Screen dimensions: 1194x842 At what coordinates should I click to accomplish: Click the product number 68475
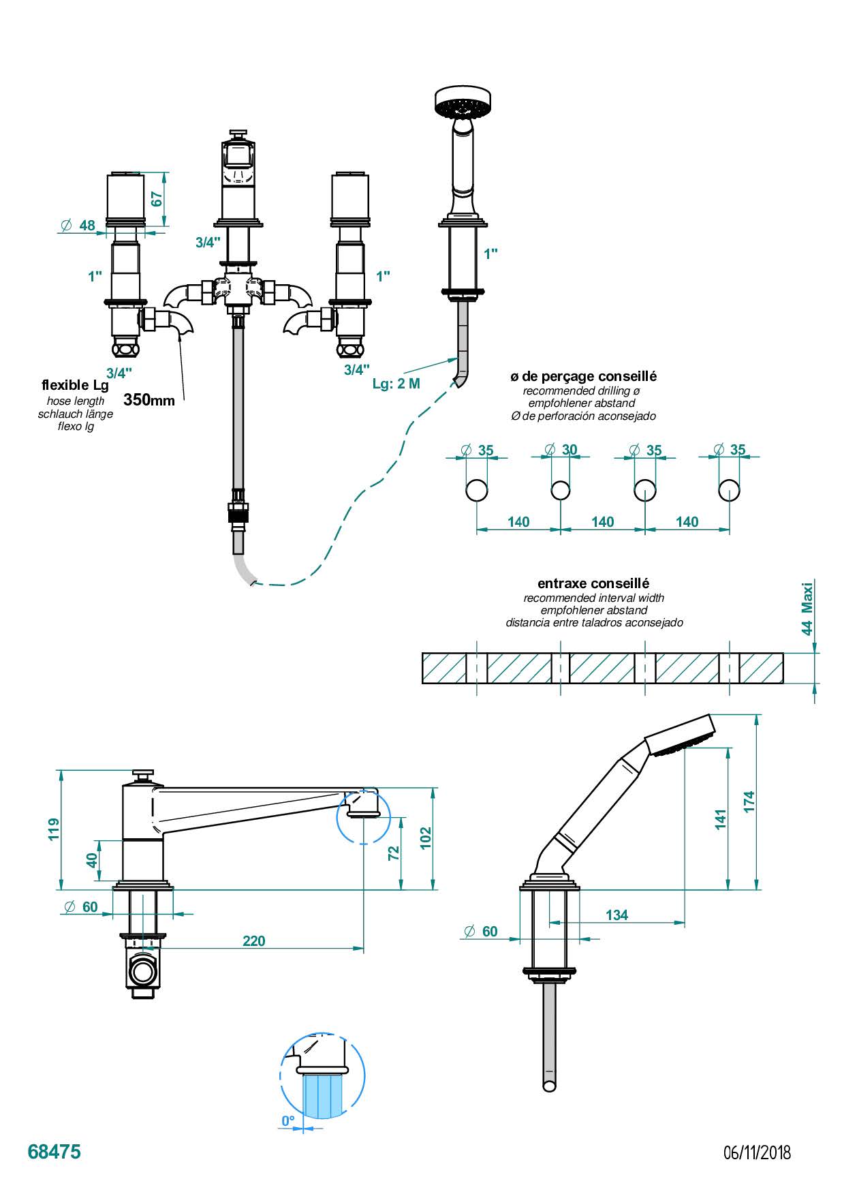(54, 1151)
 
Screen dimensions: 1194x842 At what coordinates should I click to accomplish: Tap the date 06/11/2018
(757, 1152)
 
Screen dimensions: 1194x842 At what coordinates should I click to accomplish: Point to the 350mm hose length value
(149, 400)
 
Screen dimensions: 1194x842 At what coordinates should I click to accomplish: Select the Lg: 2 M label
(396, 383)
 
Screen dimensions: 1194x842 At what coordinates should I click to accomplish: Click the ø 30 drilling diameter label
(562, 449)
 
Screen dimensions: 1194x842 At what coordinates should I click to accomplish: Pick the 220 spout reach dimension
(253, 940)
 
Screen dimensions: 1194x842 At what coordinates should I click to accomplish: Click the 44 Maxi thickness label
(807, 609)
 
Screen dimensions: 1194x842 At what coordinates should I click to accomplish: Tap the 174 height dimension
(749, 801)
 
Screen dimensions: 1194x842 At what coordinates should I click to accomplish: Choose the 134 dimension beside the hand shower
(617, 915)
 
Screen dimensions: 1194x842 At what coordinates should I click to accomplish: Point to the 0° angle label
(288, 1120)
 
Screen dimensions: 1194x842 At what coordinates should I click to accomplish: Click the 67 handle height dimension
(157, 199)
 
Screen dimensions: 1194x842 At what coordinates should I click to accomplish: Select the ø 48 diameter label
(79, 225)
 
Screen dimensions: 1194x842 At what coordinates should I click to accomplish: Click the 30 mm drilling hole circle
(561, 490)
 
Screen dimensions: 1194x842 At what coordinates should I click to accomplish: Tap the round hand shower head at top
(463, 102)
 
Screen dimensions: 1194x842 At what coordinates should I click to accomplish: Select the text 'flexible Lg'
(75, 386)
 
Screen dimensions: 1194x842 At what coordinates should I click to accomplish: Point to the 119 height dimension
(54, 829)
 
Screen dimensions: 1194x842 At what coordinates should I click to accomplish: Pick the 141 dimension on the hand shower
(721, 818)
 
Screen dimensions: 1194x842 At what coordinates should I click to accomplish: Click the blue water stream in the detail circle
(323, 1095)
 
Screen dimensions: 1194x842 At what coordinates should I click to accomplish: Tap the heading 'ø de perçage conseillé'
(583, 376)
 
